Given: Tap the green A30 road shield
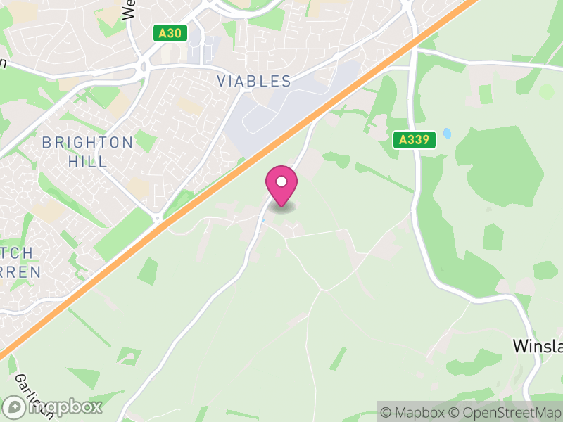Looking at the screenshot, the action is tap(172, 32).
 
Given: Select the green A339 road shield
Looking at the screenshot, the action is tap(414, 139).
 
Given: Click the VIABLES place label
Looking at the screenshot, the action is tap(254, 81).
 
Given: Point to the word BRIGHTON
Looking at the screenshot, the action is tap(87, 143).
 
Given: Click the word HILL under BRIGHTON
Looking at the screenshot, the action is tap(88, 161).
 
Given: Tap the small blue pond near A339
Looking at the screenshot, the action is tap(447, 134).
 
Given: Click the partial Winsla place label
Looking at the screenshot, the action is tap(537, 346).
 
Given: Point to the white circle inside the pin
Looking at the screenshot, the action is tap(281, 181).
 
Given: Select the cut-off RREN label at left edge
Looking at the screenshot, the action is tap(20, 271).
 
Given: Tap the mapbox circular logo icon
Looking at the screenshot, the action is tap(14, 407).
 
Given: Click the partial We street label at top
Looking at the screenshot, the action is tap(129, 9).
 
